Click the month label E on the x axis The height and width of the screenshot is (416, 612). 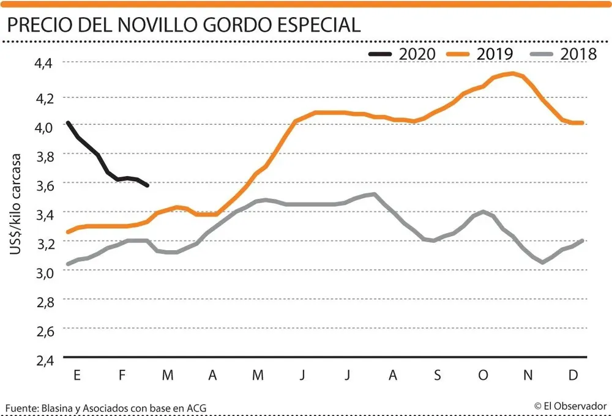coord(77,376)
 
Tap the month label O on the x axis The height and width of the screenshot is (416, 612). coord(483,376)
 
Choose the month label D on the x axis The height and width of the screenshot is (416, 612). coord(573,376)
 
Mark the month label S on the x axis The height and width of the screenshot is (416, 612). coord(438,376)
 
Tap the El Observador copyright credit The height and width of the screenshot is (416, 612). coord(570,406)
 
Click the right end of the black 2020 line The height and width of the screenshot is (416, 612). coord(147,185)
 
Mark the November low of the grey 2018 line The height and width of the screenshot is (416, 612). coord(542,262)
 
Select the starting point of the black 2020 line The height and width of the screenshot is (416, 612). coord(68,123)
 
